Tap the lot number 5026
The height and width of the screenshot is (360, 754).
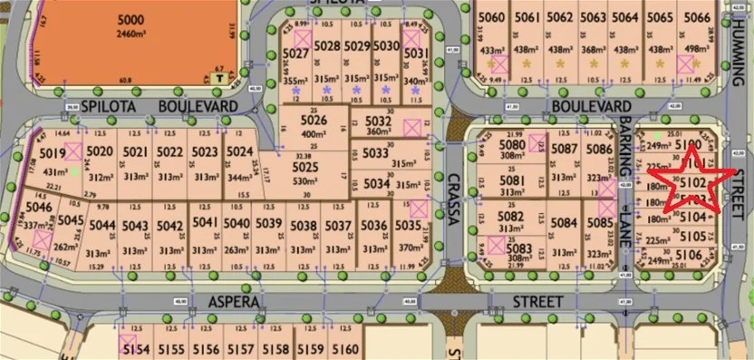(313, 121)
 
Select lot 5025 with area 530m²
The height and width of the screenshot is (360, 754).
(305, 169)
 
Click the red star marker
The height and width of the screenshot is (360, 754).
(692, 180)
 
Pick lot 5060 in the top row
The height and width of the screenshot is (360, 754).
(490, 17)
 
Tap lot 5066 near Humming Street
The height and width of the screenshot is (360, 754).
(695, 17)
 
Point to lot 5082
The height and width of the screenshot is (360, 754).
(511, 217)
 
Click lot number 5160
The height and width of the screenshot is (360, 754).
(345, 349)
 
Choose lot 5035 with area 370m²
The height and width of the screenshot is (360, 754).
(410, 227)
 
